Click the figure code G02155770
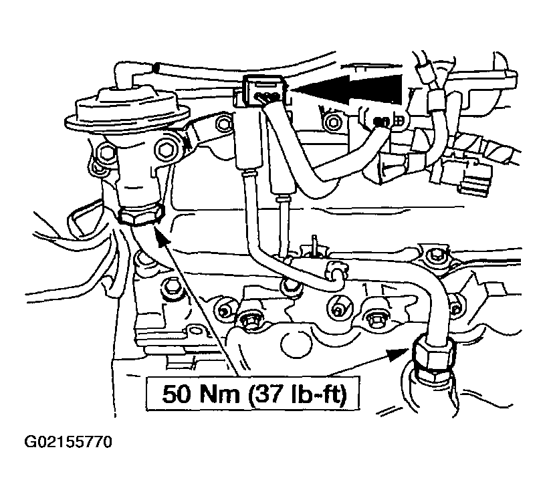(x=68, y=442)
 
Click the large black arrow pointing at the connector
(x=346, y=89)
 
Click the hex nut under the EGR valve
(x=140, y=215)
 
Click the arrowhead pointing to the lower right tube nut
(x=398, y=355)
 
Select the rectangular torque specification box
(x=253, y=394)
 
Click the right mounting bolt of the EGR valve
(x=165, y=149)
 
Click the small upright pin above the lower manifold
(x=315, y=245)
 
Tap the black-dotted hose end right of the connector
(x=381, y=122)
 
